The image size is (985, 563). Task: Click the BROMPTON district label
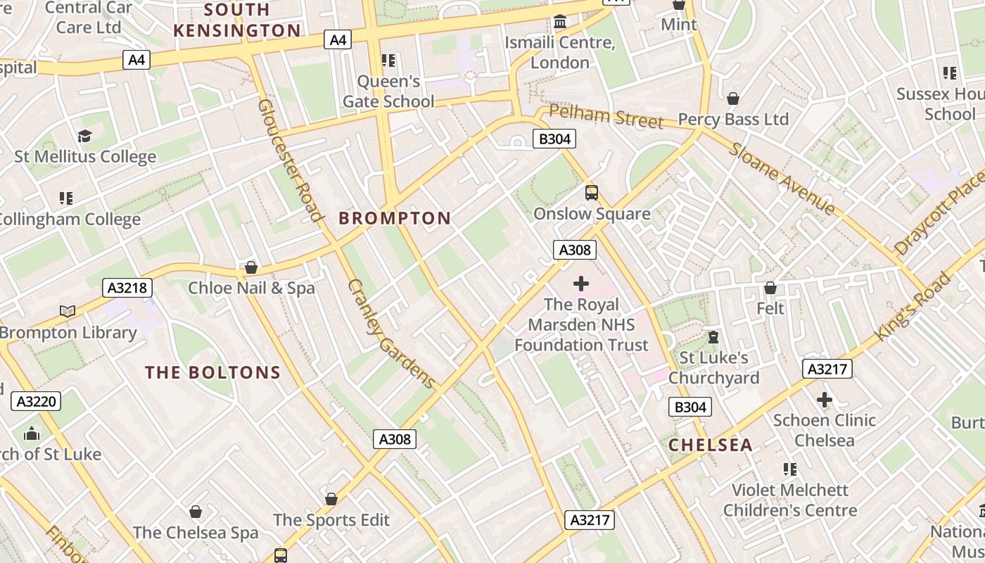pos(395,219)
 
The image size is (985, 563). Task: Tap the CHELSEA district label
pos(710,445)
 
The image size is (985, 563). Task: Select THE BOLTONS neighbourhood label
pos(212,373)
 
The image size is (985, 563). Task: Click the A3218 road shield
pos(127,287)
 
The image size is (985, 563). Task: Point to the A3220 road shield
pos(37,402)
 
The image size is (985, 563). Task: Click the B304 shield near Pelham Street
pos(554,139)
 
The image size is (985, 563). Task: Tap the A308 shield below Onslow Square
pos(575,250)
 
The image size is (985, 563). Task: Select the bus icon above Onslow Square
pos(592,192)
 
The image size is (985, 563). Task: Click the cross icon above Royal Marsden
pos(581,284)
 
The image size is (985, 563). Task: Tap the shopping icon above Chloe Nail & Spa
pos(251,267)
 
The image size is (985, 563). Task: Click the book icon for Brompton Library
pos(68,311)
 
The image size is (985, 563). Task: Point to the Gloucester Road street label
pos(290,160)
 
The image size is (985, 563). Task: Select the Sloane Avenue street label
pos(782,179)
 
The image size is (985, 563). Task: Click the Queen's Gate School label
pos(388,91)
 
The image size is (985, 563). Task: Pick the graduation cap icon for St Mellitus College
pos(85,137)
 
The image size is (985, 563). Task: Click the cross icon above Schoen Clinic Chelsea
pos(824,400)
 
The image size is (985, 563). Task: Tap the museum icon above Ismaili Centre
pos(560,23)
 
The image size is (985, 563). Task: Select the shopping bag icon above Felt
pos(770,288)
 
